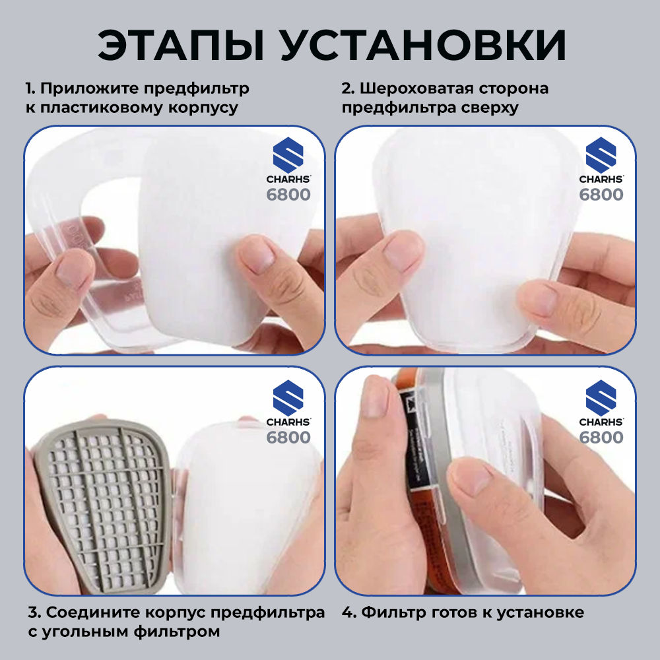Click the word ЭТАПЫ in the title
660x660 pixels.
[179, 46]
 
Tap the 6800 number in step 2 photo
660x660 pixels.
[601, 195]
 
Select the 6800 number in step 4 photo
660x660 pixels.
[601, 438]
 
